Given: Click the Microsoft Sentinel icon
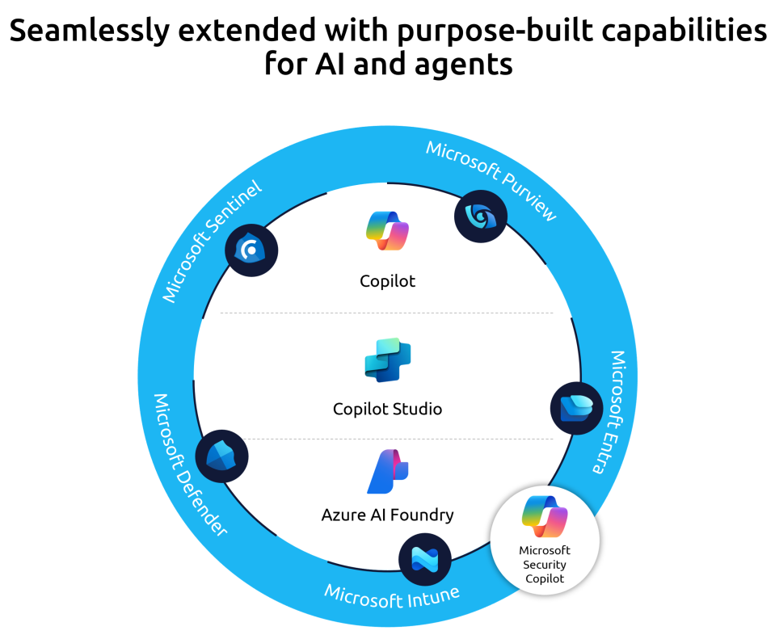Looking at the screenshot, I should [x=251, y=250].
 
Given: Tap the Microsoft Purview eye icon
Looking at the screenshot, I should [x=481, y=216].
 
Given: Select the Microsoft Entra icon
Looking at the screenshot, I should [x=577, y=408].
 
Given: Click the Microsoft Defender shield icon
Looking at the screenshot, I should [x=221, y=456].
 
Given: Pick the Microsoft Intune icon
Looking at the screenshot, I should [x=425, y=559].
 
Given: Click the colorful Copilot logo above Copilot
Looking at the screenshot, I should [x=387, y=232].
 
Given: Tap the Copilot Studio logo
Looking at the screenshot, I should [x=388, y=360].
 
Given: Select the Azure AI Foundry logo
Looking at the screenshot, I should [x=388, y=472].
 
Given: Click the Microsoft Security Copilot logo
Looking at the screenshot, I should [x=545, y=517].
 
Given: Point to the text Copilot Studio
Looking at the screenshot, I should [x=388, y=409].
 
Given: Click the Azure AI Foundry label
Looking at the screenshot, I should [x=388, y=515].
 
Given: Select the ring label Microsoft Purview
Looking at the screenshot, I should [x=491, y=179].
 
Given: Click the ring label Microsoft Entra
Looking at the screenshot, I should [x=609, y=411].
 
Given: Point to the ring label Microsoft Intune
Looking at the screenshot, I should [x=392, y=595].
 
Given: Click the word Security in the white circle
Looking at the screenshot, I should [x=545, y=565].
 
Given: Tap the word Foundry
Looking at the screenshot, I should [x=423, y=515].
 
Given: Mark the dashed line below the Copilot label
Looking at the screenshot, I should [x=388, y=313].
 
